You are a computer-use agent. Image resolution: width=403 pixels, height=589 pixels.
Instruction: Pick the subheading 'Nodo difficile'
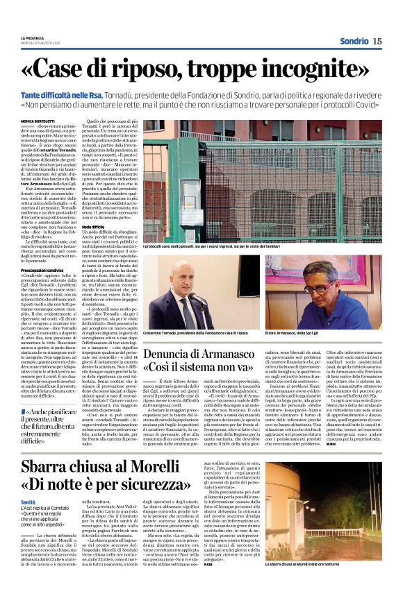pyautogui.click(x=93, y=227)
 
